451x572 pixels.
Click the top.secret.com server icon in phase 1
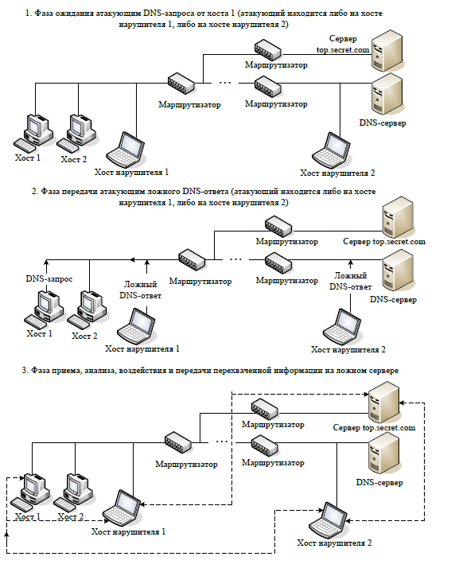coord(387,51)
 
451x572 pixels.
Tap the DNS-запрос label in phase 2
coord(49,279)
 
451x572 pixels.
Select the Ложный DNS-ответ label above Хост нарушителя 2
coord(350,282)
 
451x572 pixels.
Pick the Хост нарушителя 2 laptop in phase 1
coord(332,150)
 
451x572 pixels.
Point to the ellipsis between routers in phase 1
coord(225,84)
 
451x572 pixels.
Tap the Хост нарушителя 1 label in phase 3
coord(128,532)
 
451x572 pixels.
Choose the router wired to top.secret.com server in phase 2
coord(278,226)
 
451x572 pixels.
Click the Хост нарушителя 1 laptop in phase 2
coord(136,326)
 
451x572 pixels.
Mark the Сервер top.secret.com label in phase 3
coord(374,427)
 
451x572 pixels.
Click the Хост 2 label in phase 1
coord(74,159)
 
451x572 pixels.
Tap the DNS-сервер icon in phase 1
coord(387,94)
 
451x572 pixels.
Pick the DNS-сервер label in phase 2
coord(393,300)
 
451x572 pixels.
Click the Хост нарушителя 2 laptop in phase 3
coord(329,519)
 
